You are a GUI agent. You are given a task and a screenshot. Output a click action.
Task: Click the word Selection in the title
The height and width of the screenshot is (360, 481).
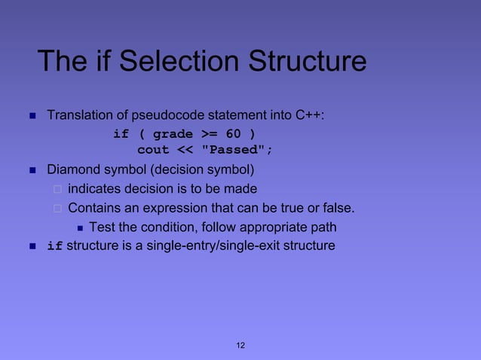pos(161,62)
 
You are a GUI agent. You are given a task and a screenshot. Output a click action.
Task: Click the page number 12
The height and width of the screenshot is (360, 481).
pos(240,345)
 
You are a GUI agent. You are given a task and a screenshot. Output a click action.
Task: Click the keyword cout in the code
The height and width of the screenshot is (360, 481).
pos(153,150)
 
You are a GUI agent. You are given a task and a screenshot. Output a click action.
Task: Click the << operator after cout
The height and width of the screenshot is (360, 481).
pos(185,150)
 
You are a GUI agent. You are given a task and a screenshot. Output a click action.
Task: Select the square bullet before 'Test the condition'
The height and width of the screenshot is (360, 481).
pos(80,227)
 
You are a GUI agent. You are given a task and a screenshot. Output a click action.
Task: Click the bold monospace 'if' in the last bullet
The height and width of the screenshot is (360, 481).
pos(55,246)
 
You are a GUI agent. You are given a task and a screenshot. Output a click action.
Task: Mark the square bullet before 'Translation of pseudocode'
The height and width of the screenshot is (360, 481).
pos(32,116)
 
